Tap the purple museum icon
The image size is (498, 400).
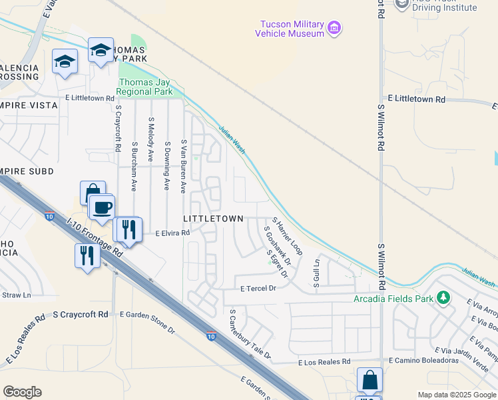pyautogui.click(x=334, y=29)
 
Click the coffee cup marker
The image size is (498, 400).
pyautogui.click(x=101, y=207)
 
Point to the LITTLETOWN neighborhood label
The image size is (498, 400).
pyautogui.click(x=213, y=219)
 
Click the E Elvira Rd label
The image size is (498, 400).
pyautogui.click(x=172, y=233)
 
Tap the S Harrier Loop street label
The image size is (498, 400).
pyautogui.click(x=287, y=236)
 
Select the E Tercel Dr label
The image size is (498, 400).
pyautogui.click(x=258, y=288)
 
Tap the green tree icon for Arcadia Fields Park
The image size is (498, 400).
pyautogui.click(x=441, y=297)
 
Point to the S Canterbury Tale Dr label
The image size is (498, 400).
pyautogui.click(x=250, y=334)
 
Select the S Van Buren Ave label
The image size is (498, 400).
pyautogui.click(x=183, y=166)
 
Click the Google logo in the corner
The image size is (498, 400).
pyautogui.click(x=22, y=392)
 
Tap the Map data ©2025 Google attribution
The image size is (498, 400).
pyautogui.click(x=456, y=395)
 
